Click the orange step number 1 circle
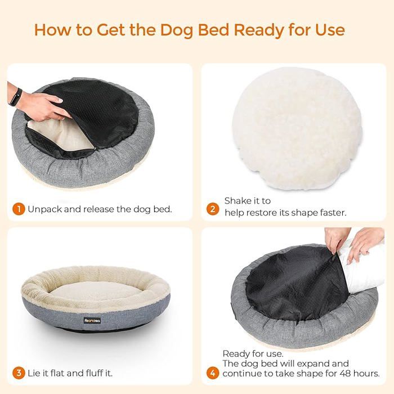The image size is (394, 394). [x=19, y=209]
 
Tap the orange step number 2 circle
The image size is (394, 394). [x=213, y=209]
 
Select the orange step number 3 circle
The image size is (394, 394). [x=19, y=373]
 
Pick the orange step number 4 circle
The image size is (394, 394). [x=213, y=373]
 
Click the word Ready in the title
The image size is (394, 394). [x=250, y=29]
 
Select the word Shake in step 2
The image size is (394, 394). [x=236, y=201]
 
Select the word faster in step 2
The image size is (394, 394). [x=330, y=212]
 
